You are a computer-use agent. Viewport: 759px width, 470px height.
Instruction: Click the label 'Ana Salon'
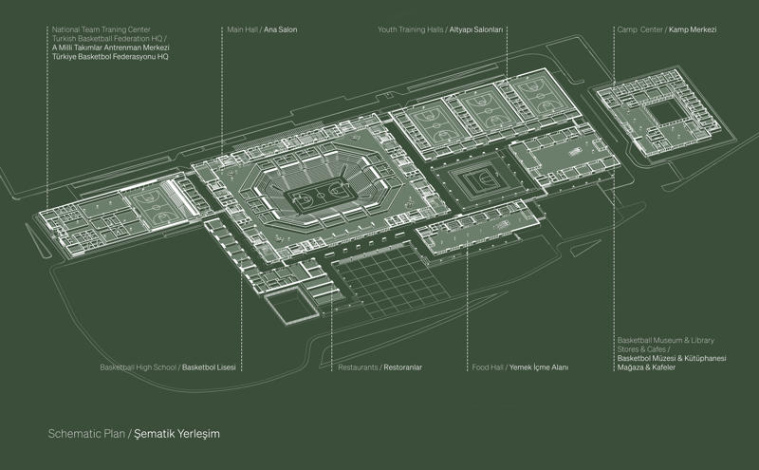(x=280, y=29)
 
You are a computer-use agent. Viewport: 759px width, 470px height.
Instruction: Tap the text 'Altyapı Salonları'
(x=476, y=29)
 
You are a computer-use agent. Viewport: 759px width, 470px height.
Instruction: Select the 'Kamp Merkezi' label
(x=693, y=29)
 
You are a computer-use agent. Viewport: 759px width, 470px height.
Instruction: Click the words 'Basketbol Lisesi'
(x=209, y=367)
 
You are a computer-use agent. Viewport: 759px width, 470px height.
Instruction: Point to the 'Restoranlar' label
(x=402, y=367)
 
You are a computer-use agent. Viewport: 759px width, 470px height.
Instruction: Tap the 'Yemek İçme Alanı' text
(x=539, y=367)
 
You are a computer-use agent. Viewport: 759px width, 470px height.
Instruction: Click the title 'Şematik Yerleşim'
(x=176, y=434)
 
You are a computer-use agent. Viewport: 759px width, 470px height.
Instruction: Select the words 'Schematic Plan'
(x=86, y=434)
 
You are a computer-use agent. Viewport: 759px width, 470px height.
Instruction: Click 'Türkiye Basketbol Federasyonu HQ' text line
(x=110, y=57)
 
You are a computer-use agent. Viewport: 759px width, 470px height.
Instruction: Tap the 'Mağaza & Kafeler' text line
(x=646, y=367)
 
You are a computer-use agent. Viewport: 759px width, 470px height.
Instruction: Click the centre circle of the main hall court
(x=320, y=196)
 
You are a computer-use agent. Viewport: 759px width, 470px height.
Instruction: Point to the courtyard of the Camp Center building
(x=667, y=112)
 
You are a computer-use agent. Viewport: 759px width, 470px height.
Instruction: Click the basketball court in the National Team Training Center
(x=156, y=203)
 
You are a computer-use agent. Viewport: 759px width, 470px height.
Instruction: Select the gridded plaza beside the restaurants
(x=391, y=281)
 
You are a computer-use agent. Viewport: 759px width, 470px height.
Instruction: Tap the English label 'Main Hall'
(x=243, y=29)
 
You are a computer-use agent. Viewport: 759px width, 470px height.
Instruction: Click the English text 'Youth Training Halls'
(x=411, y=29)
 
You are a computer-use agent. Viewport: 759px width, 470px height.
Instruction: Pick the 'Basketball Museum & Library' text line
(x=666, y=340)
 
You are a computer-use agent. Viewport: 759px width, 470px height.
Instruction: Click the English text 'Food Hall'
(x=488, y=367)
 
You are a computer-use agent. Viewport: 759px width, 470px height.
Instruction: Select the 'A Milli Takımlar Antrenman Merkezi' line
(x=111, y=47)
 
